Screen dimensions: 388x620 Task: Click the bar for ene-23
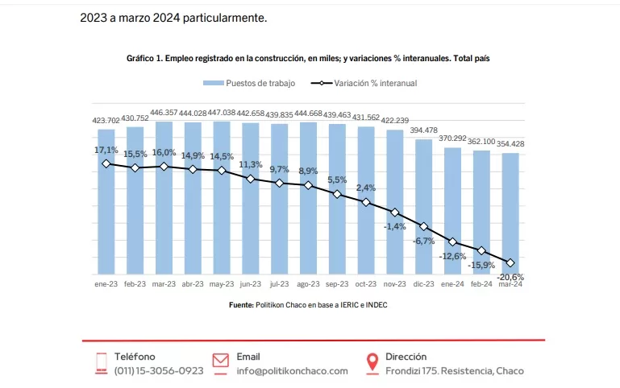point(106,201)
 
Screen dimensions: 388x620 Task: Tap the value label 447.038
point(222,113)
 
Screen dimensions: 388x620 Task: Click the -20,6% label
point(510,277)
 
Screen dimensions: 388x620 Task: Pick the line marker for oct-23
point(366,202)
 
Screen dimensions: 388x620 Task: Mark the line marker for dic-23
point(424,227)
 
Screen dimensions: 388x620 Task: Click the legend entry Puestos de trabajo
point(249,83)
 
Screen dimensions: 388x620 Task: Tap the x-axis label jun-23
point(251,284)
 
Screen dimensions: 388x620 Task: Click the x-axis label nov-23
point(395,284)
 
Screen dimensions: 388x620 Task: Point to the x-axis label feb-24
point(481,284)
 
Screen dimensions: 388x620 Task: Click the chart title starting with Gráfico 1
point(309,59)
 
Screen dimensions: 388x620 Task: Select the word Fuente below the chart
point(240,305)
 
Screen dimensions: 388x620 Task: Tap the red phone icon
point(102,363)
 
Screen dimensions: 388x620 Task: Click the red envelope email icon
point(221,361)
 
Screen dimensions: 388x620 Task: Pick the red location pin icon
point(372,363)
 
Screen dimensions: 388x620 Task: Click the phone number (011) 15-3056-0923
point(159,371)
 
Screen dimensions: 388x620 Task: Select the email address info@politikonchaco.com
point(292,371)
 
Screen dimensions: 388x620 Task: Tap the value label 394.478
point(424,130)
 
